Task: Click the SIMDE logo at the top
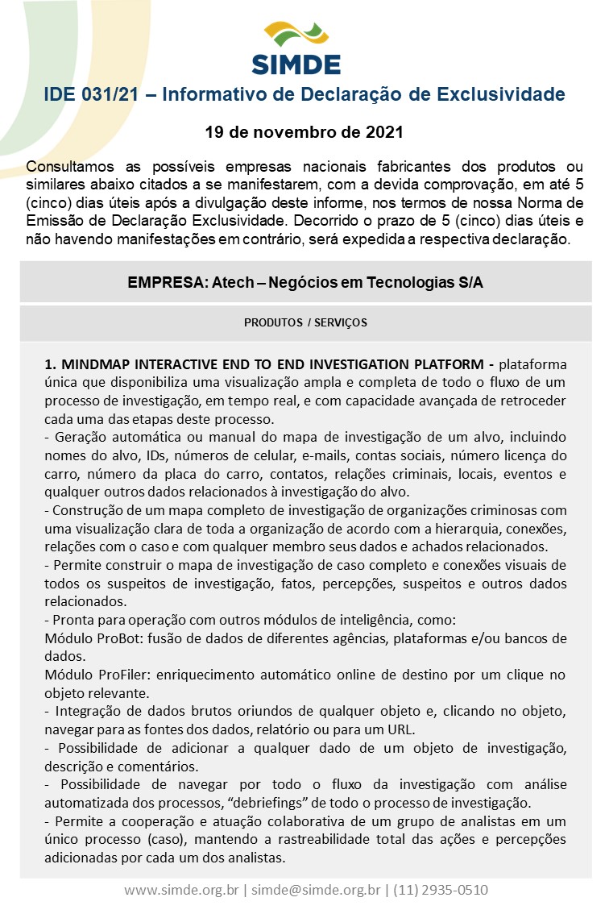click(x=296, y=48)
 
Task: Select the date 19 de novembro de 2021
click(x=304, y=131)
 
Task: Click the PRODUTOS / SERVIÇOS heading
click(x=305, y=322)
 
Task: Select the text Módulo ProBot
click(x=89, y=639)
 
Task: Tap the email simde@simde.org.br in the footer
click(x=316, y=890)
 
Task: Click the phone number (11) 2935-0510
click(x=440, y=890)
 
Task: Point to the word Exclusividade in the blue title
click(x=500, y=95)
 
